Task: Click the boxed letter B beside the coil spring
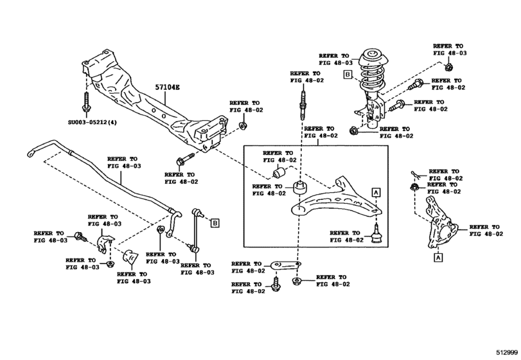(347, 75)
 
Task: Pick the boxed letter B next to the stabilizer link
(215, 223)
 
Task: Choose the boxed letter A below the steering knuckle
(438, 258)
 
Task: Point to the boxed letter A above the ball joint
(376, 192)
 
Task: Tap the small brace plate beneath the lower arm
(285, 264)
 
